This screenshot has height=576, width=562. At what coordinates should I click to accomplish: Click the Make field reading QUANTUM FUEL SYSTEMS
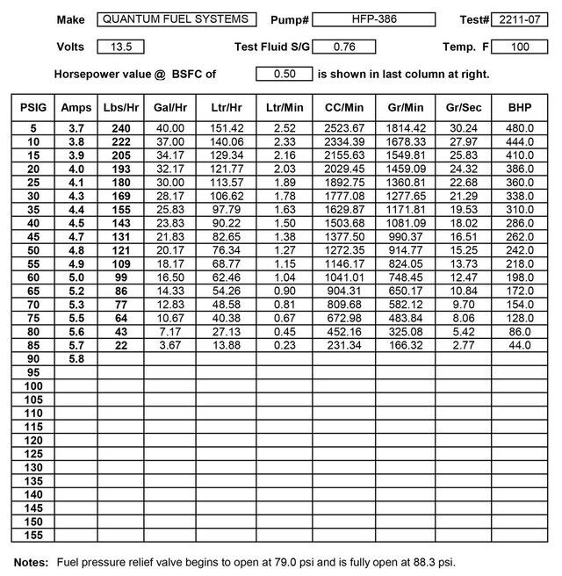(x=176, y=18)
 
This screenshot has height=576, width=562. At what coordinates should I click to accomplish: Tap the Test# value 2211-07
(x=518, y=19)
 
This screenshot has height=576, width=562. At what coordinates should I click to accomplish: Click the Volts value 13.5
(x=121, y=47)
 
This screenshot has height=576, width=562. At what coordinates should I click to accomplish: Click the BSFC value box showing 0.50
(x=284, y=75)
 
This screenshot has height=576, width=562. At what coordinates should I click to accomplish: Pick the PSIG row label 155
(x=33, y=535)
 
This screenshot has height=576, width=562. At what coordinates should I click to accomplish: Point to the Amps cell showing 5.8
(x=76, y=359)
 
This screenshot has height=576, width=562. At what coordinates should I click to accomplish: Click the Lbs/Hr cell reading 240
(x=120, y=127)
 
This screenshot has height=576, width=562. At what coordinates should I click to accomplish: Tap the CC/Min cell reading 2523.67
(x=343, y=127)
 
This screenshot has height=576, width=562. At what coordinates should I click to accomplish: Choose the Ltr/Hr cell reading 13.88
(x=226, y=346)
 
